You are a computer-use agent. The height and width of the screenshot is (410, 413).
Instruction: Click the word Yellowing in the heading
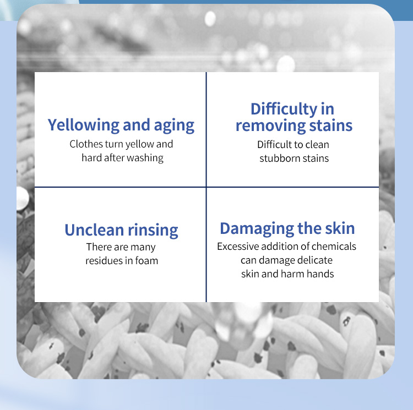84,125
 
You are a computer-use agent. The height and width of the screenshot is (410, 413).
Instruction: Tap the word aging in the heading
174,126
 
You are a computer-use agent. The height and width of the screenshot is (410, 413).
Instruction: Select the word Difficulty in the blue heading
284,110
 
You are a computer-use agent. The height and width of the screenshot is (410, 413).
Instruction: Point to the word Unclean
94,230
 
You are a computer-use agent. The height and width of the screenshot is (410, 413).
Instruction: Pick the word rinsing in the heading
153,231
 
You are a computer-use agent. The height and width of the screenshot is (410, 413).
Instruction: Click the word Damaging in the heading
257,229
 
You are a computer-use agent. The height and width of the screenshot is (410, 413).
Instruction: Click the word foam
146,260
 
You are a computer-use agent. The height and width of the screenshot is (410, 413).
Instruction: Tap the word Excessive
238,247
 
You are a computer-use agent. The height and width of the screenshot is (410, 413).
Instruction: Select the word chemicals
334,247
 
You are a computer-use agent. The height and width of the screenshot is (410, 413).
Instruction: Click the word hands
320,274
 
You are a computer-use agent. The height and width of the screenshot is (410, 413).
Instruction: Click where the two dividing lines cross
206,187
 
